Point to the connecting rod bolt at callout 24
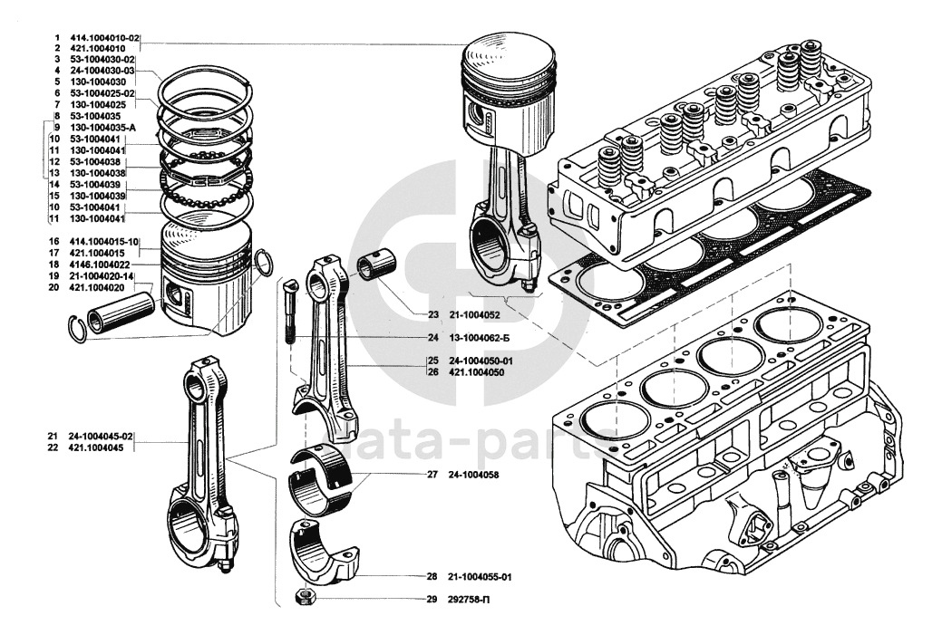[289, 313]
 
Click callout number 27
[432, 474]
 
